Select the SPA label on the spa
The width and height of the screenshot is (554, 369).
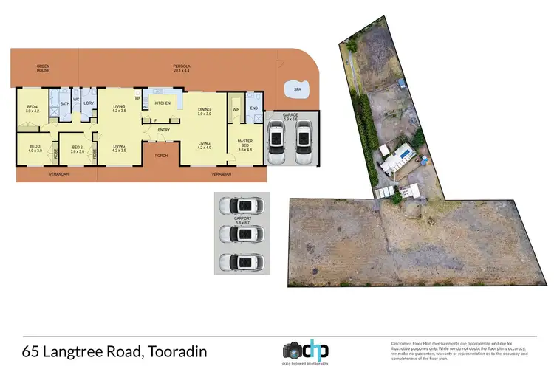(x=298, y=90)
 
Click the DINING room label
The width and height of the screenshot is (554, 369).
(x=205, y=111)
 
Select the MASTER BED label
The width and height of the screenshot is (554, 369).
(x=245, y=143)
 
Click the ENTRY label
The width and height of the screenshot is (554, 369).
(x=163, y=131)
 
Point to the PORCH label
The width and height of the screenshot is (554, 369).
(x=160, y=156)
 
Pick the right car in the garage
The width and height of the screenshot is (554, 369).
(x=304, y=143)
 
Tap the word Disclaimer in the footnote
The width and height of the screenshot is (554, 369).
(x=403, y=343)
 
